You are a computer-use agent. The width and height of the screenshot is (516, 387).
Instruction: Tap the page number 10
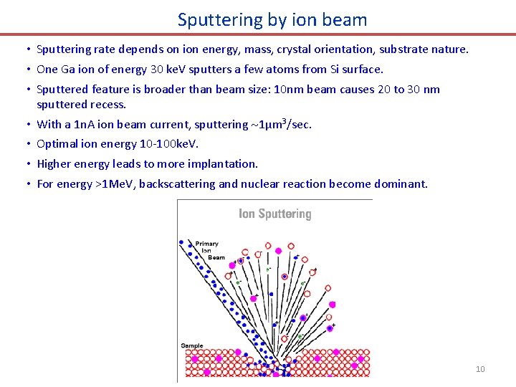coord(480,369)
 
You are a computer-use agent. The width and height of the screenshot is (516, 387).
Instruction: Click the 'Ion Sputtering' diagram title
coord(274,214)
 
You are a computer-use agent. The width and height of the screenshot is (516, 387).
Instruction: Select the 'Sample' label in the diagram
coord(192,345)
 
